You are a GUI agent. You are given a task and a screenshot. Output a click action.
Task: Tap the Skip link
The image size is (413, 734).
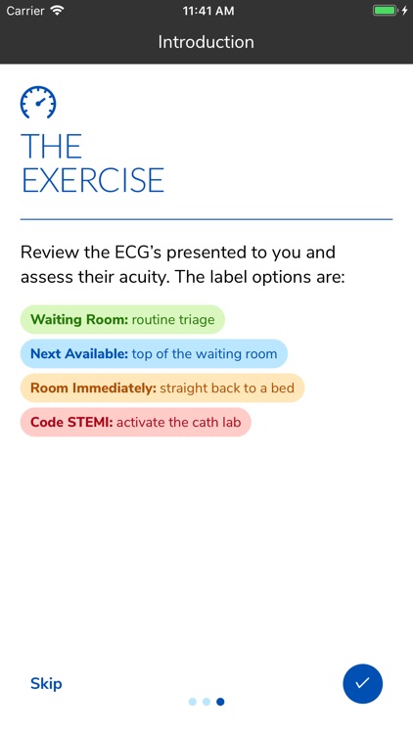point(46,683)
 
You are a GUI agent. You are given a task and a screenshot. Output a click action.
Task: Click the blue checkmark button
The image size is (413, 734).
point(362,683)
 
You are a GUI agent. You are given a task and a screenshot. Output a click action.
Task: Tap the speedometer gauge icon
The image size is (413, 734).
point(38,102)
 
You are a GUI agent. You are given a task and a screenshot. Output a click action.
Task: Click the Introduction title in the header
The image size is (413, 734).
point(206,42)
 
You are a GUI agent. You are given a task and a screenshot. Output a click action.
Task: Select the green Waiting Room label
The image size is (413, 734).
point(122,319)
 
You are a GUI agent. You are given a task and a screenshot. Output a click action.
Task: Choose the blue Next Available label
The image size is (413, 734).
point(154,353)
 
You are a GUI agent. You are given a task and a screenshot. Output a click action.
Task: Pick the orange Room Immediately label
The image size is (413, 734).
point(161,388)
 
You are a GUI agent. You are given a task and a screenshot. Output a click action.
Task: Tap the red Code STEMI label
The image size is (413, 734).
point(135,422)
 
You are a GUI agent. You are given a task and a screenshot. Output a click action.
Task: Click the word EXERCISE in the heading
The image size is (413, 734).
point(93,180)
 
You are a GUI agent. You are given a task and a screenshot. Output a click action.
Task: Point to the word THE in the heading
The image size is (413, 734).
point(51,146)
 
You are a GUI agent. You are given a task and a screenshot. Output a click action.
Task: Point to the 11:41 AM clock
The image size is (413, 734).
point(206,10)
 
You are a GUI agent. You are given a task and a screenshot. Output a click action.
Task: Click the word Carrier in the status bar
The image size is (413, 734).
point(25,10)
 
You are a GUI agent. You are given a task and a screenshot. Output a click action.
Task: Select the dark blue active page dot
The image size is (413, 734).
point(220,702)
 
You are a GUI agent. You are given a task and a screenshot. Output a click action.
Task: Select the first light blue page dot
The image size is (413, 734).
point(193,702)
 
